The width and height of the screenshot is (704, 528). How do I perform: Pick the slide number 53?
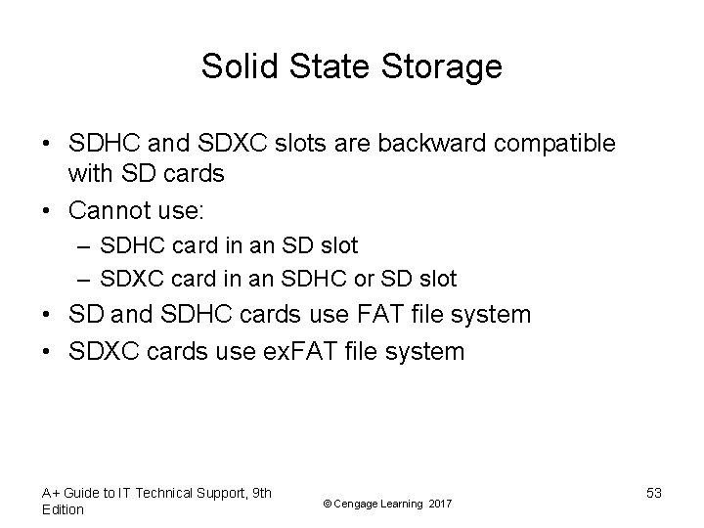pyautogui.click(x=654, y=494)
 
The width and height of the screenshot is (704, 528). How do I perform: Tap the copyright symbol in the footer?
pyautogui.click(x=326, y=503)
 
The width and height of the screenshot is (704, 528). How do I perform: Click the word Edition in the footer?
pyautogui.click(x=65, y=510)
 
